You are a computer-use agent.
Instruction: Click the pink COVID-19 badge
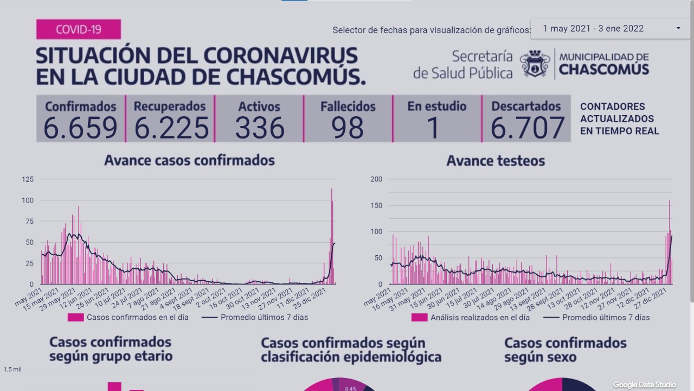tap(79, 29)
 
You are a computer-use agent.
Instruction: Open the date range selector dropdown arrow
tap(678, 28)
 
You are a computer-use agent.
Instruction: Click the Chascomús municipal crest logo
tap(535, 64)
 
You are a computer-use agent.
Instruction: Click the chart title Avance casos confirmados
tap(189, 161)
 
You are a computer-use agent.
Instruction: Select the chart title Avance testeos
tap(496, 161)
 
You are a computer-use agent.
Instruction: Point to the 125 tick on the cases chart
tap(28, 179)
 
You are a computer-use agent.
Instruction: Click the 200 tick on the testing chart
tap(376, 179)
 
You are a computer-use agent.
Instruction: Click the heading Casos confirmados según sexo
tap(565, 350)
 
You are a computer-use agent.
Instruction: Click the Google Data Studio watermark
tap(644, 384)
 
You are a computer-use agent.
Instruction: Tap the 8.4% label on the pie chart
tap(351, 388)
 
